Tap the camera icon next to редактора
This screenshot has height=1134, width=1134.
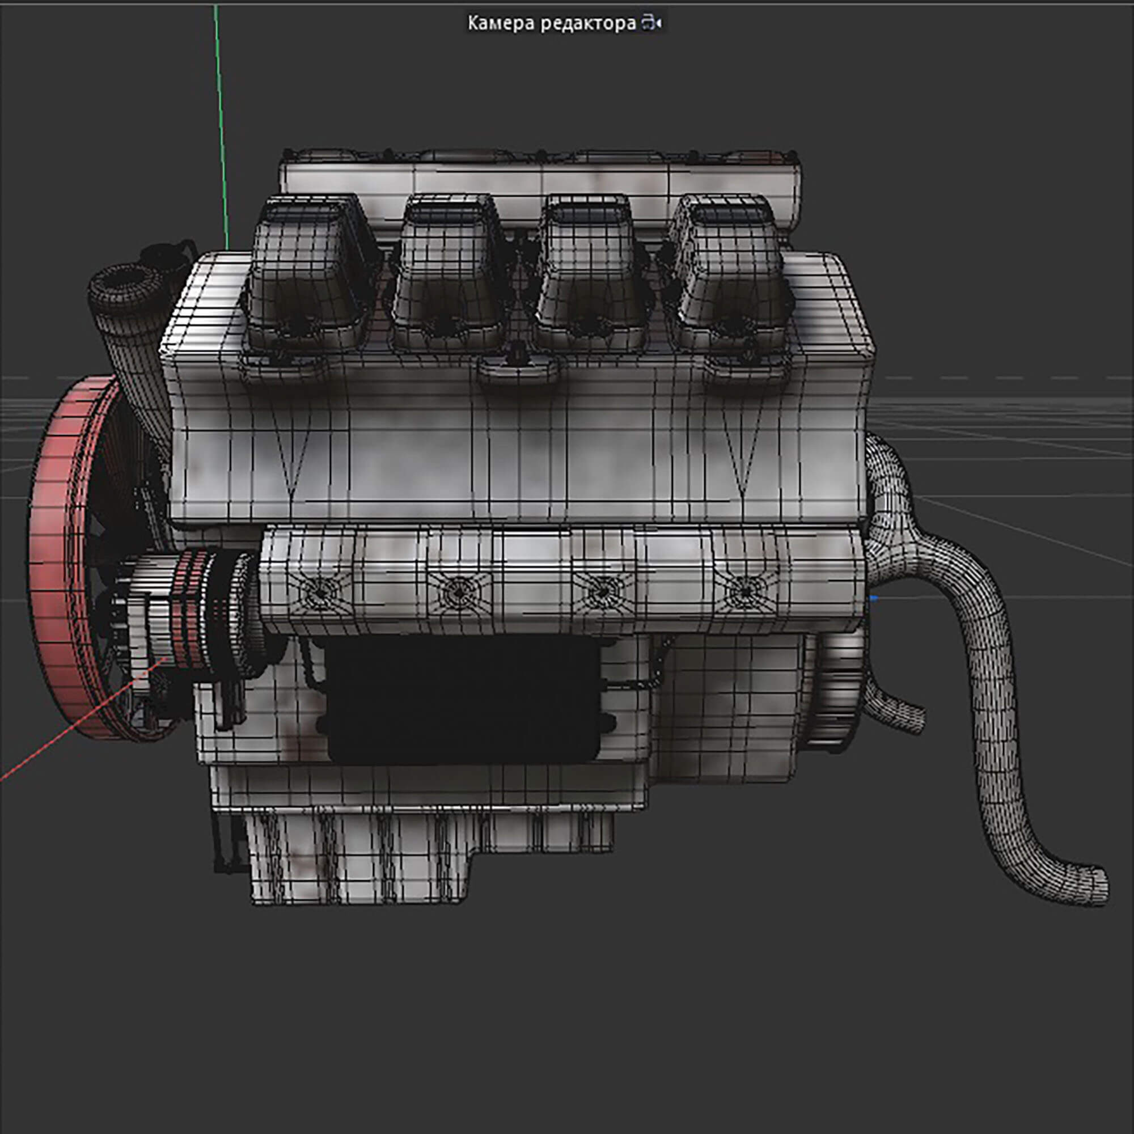pyautogui.click(x=651, y=23)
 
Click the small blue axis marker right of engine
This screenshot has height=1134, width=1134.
pyautogui.click(x=874, y=598)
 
